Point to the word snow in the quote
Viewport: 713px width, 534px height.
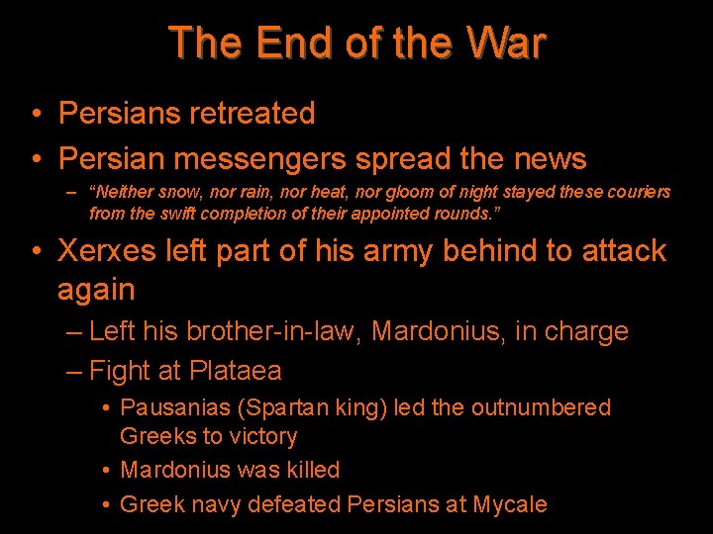(x=178, y=192)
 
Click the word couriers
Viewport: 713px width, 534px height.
(x=635, y=192)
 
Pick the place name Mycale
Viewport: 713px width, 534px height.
(x=509, y=504)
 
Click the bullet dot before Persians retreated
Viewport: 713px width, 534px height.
(x=35, y=115)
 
